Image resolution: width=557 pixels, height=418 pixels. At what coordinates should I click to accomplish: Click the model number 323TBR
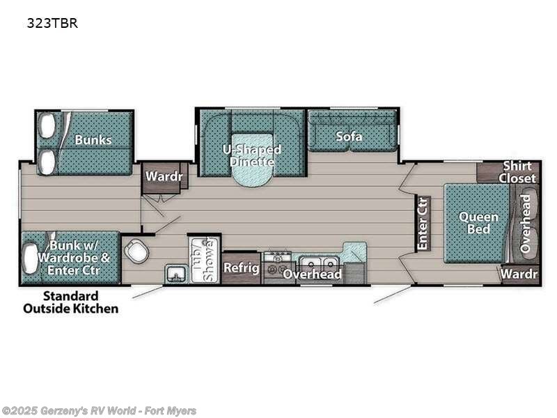point(52,23)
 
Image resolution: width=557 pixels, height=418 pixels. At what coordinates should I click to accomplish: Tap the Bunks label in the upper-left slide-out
point(93,140)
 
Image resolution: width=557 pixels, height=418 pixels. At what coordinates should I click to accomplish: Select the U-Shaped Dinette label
point(251,155)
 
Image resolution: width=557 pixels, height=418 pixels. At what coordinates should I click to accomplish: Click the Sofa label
point(349,137)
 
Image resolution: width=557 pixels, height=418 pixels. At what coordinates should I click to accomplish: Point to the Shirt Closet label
point(517,172)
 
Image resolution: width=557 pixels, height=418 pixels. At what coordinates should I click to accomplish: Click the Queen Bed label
point(478,223)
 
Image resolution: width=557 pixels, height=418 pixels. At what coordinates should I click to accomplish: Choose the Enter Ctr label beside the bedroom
point(423,224)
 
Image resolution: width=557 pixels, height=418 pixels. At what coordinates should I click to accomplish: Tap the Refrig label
point(241,268)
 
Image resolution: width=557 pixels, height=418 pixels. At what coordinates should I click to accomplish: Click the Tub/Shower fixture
point(204,259)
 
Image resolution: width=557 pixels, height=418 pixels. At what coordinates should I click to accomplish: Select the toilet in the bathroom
point(136,249)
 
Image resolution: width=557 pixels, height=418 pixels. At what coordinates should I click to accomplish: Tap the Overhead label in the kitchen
point(312,274)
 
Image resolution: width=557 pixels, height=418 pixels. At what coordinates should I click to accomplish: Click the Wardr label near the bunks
point(164,177)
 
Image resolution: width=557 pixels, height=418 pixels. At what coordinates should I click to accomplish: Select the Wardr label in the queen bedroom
point(519,274)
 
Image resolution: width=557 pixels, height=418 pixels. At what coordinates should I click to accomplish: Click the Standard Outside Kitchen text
point(80,302)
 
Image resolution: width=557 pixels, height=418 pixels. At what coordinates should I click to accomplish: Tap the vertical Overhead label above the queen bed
point(526,223)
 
